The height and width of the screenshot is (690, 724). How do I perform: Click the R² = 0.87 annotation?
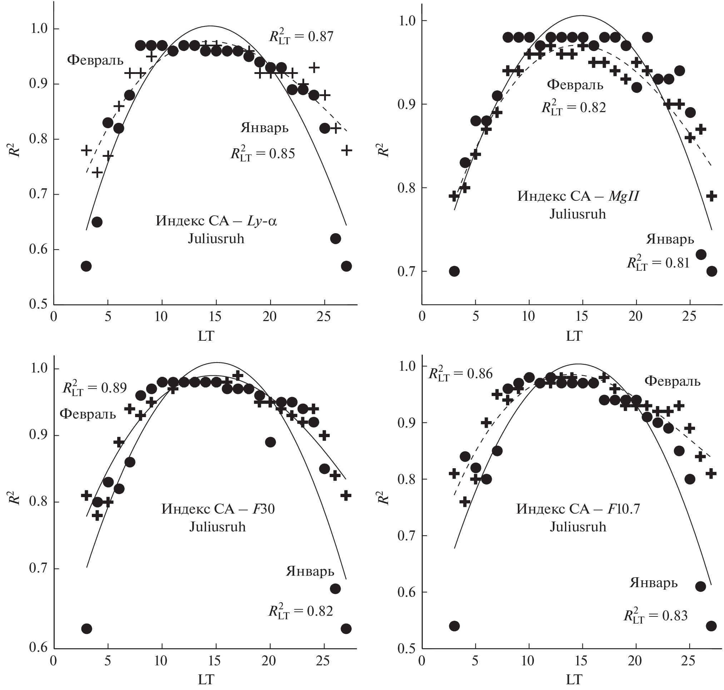tap(301, 37)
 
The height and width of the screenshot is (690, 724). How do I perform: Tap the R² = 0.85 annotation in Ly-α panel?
tap(263, 153)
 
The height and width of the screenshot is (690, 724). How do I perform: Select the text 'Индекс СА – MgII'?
tap(577, 196)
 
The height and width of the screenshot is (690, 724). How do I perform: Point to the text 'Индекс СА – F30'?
tap(218, 509)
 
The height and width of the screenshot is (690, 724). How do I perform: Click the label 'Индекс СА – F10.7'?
tap(578, 509)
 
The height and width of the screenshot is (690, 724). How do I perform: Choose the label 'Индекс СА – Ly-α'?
tap(217, 221)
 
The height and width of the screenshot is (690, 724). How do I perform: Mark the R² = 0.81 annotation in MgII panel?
tap(658, 262)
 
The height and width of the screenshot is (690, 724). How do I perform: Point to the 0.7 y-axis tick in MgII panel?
tap(406, 271)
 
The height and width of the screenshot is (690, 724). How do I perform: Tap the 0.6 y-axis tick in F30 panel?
tap(38, 648)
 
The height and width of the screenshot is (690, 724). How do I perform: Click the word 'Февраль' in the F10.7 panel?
tap(672, 382)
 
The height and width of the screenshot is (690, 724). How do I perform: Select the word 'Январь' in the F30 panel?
tap(310, 571)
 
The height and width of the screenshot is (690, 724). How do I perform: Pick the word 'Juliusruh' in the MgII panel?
tap(577, 214)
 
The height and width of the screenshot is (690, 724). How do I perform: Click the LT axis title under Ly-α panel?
tap(205, 335)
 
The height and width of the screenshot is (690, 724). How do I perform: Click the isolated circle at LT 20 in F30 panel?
tap(270, 442)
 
